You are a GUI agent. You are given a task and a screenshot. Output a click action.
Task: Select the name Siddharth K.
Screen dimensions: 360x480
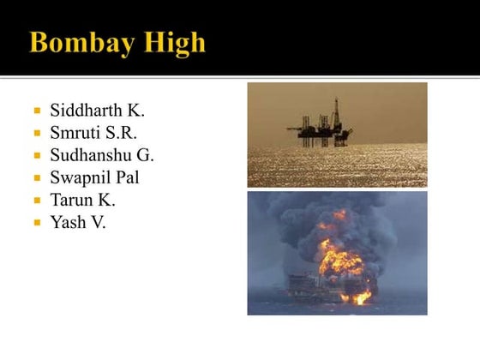click(x=98, y=111)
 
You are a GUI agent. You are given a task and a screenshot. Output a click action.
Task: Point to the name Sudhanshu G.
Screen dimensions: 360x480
click(x=102, y=155)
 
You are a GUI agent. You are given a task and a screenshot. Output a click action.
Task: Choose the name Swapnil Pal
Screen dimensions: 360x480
click(x=94, y=177)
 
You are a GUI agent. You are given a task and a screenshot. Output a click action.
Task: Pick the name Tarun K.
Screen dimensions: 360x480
click(x=82, y=200)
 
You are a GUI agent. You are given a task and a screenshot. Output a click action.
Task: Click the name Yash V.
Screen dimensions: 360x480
click(x=78, y=222)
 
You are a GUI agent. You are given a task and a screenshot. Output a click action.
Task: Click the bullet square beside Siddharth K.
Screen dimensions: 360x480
click(x=38, y=111)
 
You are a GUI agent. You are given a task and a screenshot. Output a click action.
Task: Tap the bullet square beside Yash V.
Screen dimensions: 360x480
click(x=38, y=223)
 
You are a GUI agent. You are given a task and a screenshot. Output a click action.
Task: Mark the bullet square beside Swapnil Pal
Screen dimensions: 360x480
click(x=38, y=178)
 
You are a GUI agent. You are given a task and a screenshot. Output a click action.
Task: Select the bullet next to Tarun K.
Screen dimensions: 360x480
click(x=38, y=201)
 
